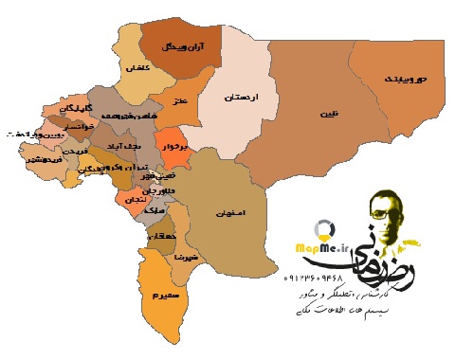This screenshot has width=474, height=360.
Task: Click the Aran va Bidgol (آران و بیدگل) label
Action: pos(183,45)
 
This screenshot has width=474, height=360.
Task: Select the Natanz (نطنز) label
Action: pos(175,98)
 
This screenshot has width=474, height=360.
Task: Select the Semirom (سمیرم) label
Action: pos(156,296)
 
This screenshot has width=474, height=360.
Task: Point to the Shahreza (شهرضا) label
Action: pos(184,256)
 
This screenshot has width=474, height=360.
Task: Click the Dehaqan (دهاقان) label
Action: pos(161,235)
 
